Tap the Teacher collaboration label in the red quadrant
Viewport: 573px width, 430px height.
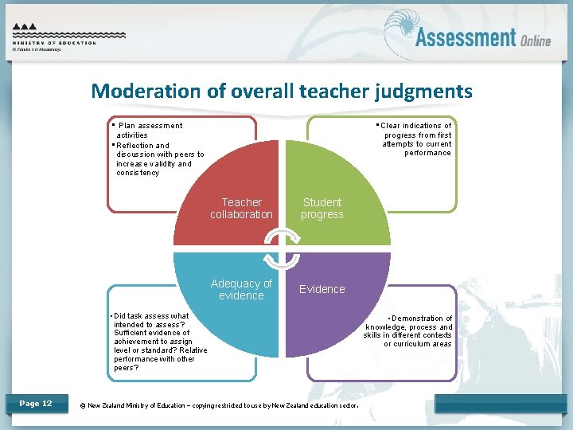coord(241,209)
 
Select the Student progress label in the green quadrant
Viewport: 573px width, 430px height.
coord(322,209)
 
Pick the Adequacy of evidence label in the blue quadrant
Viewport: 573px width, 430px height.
coord(241,289)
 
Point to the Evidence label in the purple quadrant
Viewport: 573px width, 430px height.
coord(322,289)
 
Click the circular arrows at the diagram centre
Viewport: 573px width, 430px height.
coord(282,249)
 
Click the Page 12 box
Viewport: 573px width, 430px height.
coord(36,404)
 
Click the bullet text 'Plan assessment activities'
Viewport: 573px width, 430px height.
coord(148,130)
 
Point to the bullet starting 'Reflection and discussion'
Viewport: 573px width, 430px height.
coord(159,159)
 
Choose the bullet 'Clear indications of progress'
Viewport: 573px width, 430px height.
coord(416,139)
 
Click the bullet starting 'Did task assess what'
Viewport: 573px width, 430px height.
coord(159,342)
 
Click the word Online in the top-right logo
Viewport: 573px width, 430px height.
coord(536,41)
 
